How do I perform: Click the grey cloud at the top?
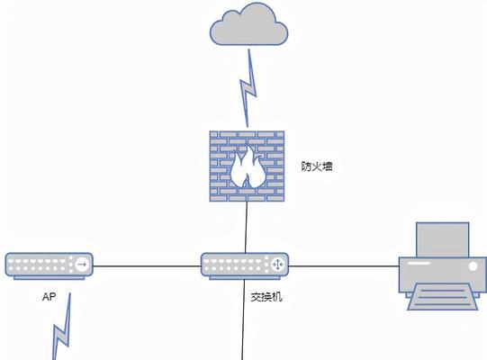248,25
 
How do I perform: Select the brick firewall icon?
247,166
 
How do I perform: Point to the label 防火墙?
317,166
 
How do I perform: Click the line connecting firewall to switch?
247,227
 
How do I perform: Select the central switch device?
245,265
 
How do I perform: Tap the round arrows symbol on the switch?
277,265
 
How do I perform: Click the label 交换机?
266,297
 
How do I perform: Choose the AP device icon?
49,265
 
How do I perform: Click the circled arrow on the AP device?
82,265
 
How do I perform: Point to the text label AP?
50,297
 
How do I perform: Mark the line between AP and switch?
147,266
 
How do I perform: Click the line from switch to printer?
344,266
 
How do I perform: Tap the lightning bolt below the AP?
62,326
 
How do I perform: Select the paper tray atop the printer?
443,239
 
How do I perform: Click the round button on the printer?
473,266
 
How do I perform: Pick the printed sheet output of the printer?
443,297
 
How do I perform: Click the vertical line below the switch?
243,319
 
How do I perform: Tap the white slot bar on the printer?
419,264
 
